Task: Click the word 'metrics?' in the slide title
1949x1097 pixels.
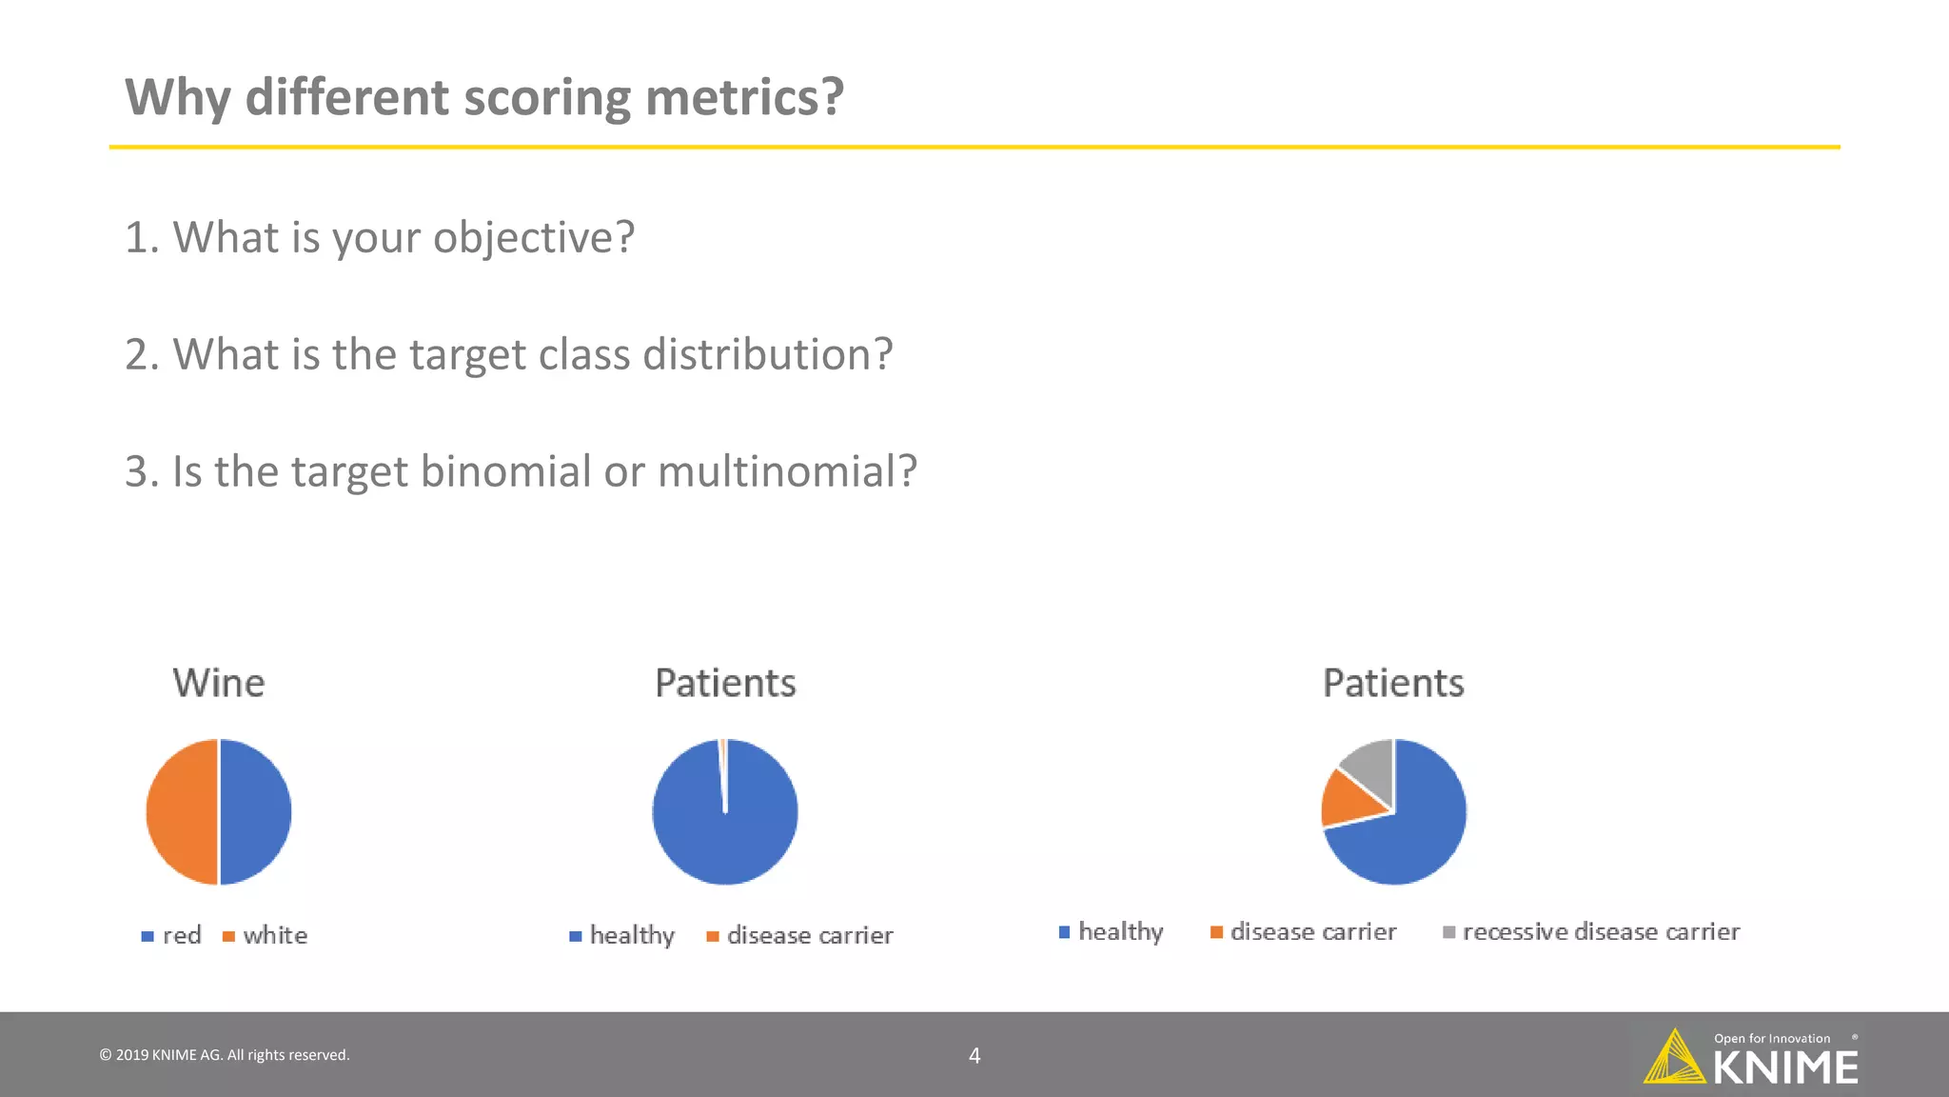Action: coord(744,97)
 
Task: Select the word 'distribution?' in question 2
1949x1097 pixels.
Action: coord(768,354)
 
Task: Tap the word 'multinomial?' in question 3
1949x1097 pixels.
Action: coord(787,471)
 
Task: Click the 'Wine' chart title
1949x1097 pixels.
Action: coord(219,683)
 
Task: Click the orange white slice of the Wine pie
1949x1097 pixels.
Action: coord(181,811)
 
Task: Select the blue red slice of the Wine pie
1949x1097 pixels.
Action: coord(256,811)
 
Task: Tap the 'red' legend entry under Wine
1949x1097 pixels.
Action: coord(181,935)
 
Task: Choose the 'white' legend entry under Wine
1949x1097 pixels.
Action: coord(274,935)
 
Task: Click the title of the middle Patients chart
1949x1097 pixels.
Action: coord(725,683)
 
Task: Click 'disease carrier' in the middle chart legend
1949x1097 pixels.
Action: coord(809,935)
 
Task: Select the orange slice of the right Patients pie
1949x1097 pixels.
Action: coord(1348,800)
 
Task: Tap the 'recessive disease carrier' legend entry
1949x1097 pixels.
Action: coord(1601,931)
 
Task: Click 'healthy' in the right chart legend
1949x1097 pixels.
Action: coord(1120,931)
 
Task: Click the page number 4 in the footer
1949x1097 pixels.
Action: coord(974,1055)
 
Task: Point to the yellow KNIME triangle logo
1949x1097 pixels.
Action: coord(1675,1059)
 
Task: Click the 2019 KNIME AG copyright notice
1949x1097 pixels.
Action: coord(225,1055)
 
